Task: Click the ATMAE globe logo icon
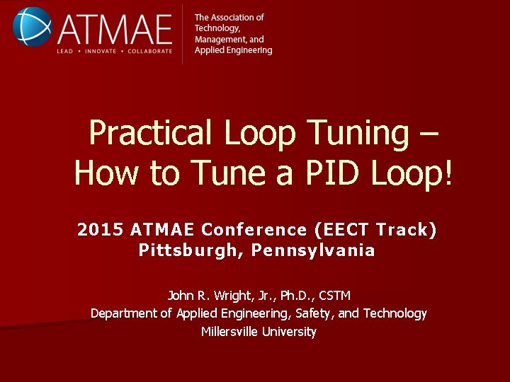(31, 26)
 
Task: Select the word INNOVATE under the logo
(101, 52)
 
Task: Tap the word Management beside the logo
(218, 40)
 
